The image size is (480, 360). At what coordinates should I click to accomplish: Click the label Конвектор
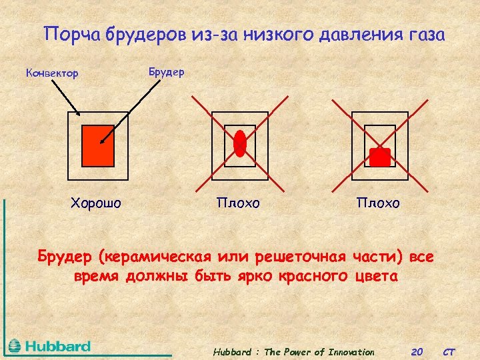point(52,73)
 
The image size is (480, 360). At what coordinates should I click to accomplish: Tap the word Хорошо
point(96,202)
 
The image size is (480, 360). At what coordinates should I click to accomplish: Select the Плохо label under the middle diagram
point(238,202)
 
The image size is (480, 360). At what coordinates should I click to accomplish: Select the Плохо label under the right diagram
point(378,202)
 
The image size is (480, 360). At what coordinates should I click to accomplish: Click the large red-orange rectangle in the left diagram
point(97,145)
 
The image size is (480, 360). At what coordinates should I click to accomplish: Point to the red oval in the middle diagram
point(240,142)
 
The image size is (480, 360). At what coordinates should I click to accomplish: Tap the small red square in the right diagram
point(380,157)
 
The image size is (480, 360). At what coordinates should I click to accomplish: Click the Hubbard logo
point(49,346)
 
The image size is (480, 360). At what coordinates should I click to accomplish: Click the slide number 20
point(418,352)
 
